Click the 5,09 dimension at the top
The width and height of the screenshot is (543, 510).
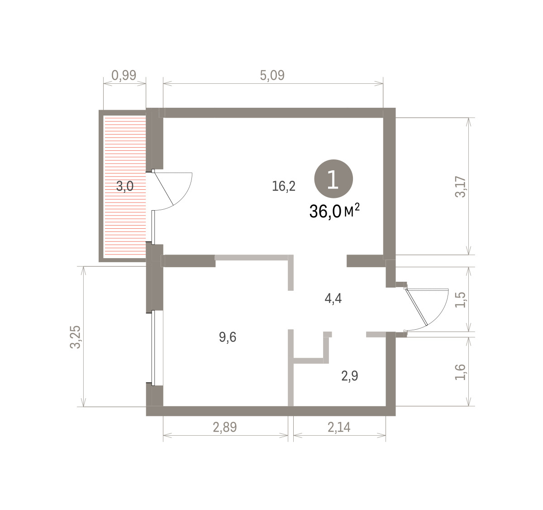coord(272,75)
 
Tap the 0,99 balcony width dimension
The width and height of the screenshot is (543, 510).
coord(124,75)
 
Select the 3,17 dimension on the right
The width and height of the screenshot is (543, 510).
coord(460,187)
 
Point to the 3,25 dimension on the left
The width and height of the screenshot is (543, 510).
coord(76,337)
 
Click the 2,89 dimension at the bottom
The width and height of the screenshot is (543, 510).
coord(225,427)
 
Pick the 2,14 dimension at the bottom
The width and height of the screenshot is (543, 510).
coord(339,427)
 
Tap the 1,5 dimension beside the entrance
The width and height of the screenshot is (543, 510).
coord(460,300)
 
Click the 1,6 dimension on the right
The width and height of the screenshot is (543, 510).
coord(460,372)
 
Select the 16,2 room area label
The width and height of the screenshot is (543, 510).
coord(284,186)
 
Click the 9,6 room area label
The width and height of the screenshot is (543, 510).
coord(228,337)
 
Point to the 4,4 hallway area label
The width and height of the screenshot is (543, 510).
coord(333,298)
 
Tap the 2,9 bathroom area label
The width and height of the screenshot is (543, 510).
coord(350,376)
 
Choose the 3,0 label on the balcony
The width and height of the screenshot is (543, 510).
coord(125,187)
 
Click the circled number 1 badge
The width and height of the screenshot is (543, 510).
coord(333,179)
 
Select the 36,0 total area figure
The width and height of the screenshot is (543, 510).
coord(325,212)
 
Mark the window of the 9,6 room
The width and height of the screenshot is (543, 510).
coord(153,348)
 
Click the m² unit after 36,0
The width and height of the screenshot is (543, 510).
coord(352,210)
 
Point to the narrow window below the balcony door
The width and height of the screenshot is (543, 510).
coord(153,227)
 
